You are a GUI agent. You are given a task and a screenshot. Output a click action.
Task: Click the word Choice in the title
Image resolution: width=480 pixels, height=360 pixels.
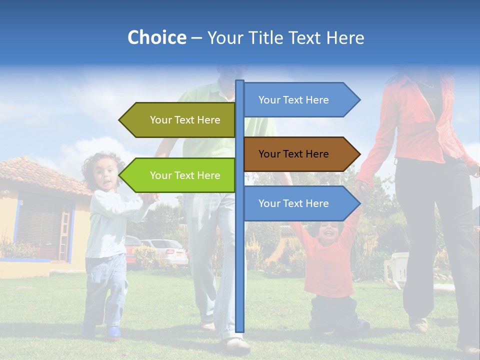point(156,37)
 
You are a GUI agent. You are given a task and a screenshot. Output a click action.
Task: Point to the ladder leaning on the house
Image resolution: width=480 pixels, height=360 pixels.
point(64,235)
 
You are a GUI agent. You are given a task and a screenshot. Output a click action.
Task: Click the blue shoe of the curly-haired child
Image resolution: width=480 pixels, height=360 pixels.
point(113,332)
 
